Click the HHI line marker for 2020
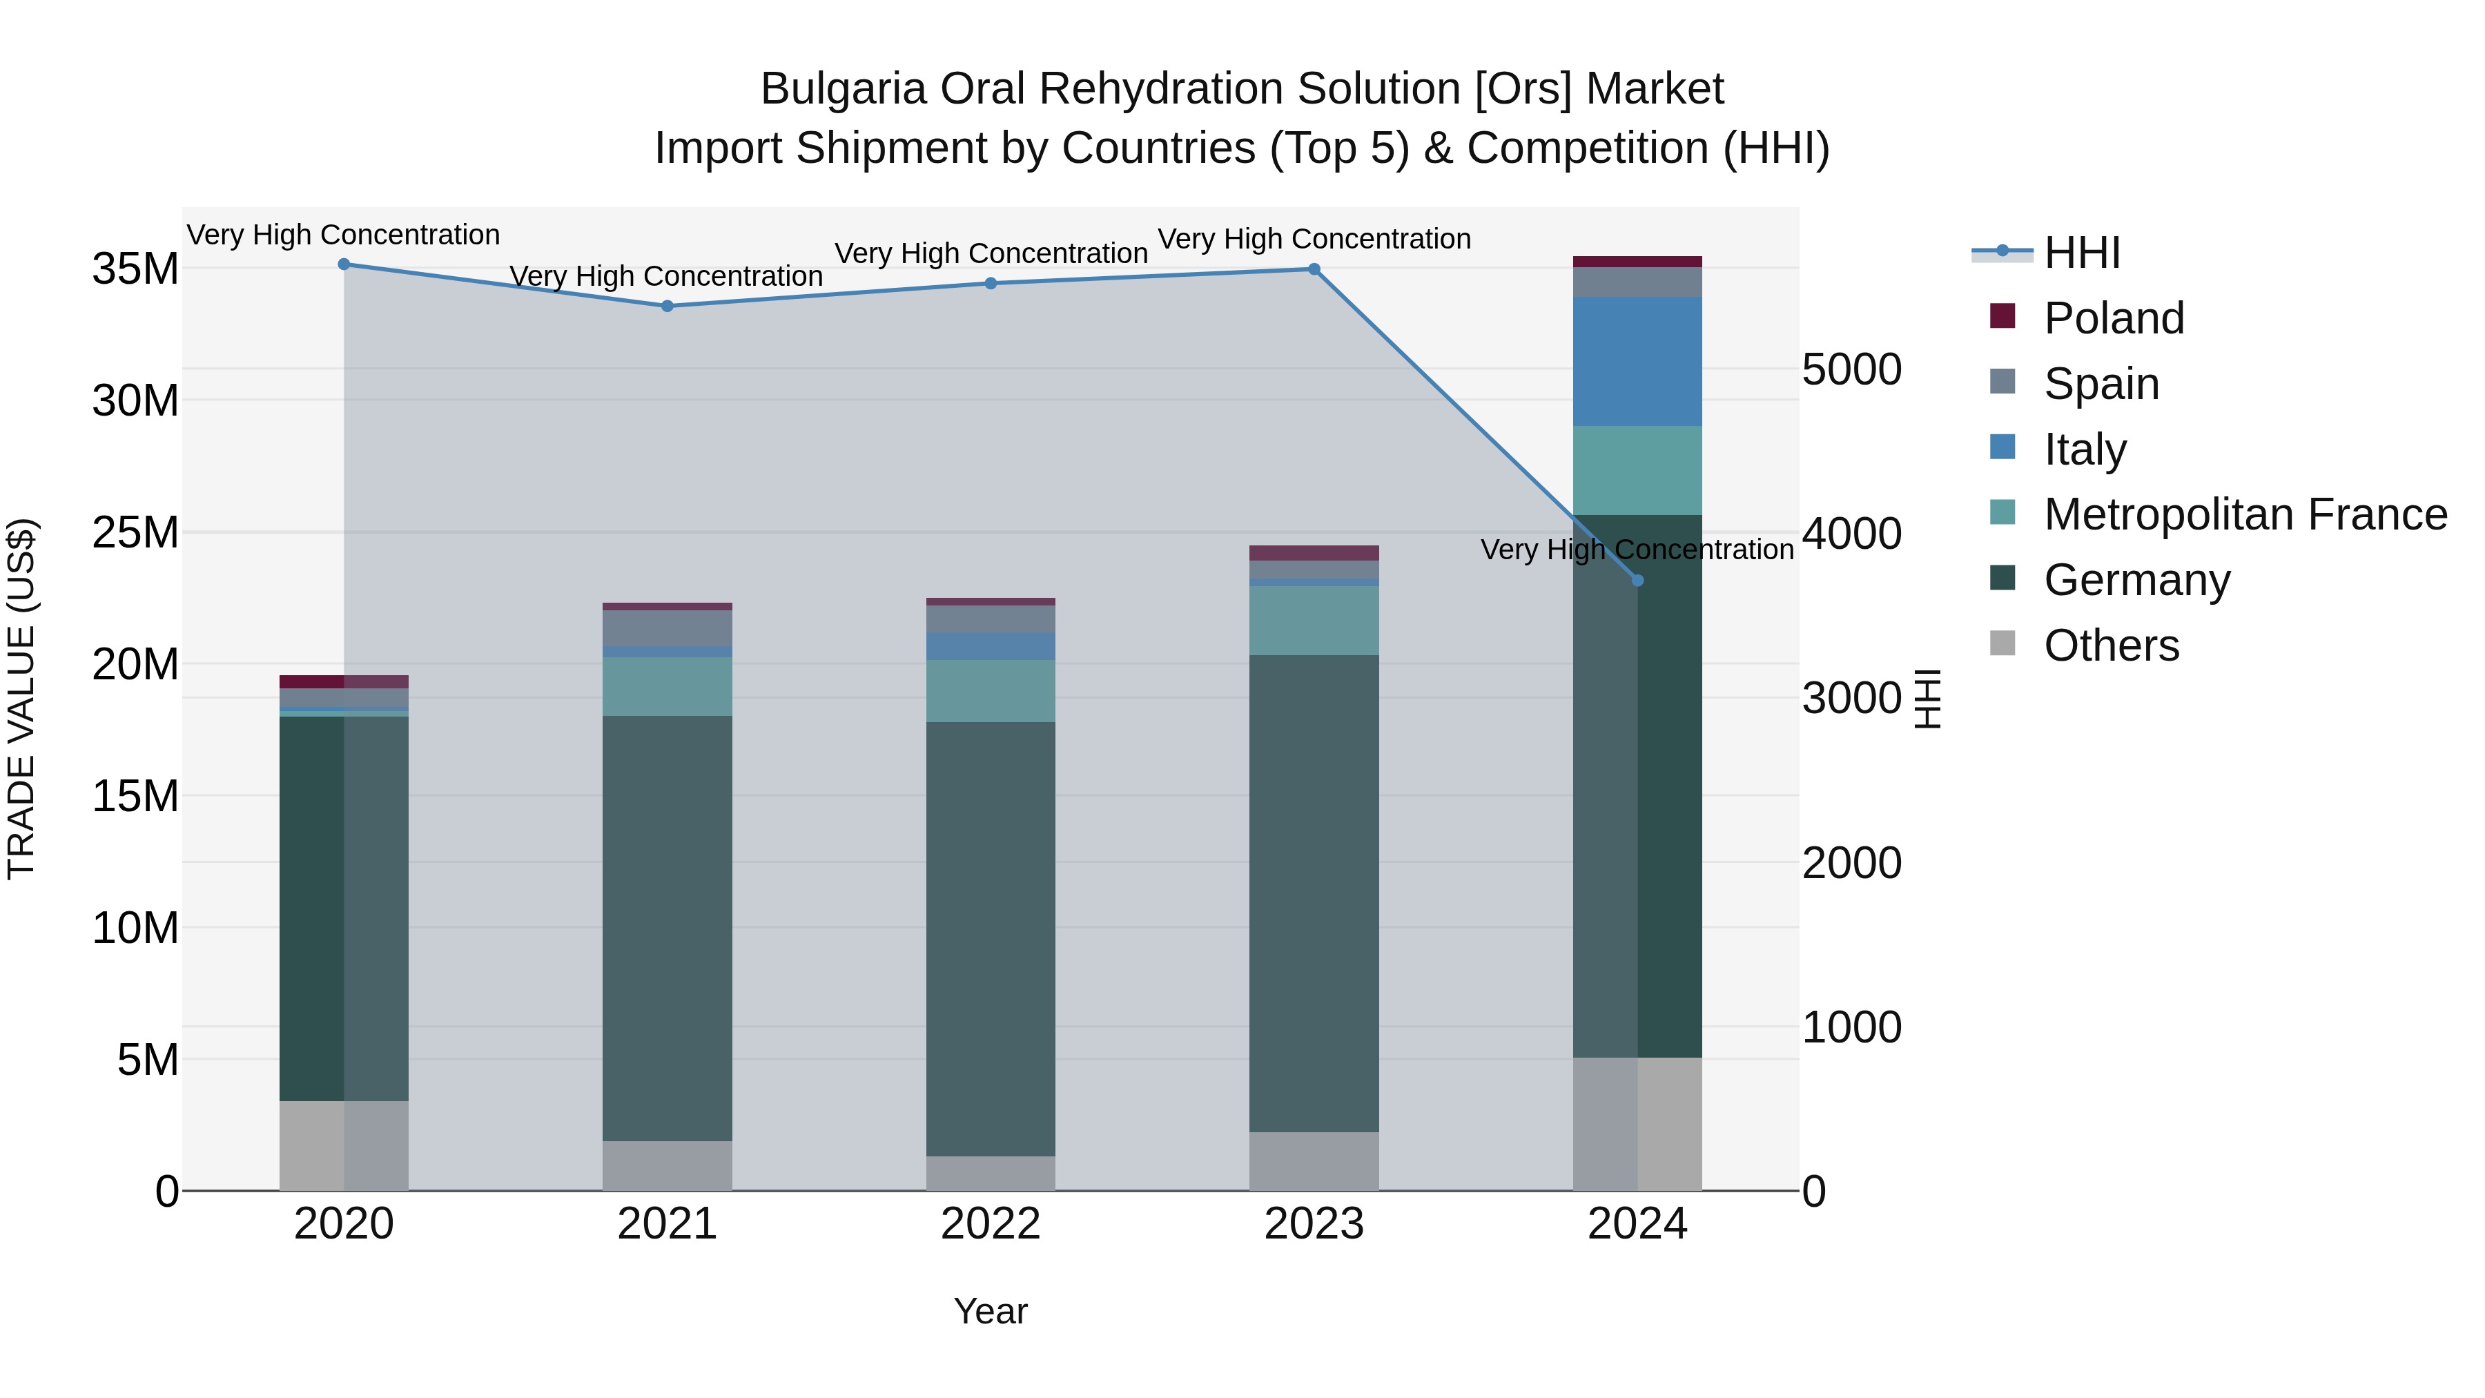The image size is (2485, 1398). [x=344, y=264]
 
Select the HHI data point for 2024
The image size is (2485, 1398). [x=1637, y=581]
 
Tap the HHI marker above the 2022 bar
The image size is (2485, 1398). [x=991, y=284]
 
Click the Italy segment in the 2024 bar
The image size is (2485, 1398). [x=1637, y=362]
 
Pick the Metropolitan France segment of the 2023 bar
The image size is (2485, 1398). [x=1314, y=621]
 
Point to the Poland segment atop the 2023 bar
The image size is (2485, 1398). [x=1314, y=553]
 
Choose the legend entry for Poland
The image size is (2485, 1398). [x=2113, y=318]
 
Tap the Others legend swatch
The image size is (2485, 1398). [x=2002, y=643]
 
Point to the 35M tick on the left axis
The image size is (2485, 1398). [x=135, y=269]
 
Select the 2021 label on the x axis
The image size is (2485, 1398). [x=667, y=1224]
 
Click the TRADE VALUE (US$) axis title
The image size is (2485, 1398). [x=22, y=699]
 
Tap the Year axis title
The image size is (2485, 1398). [x=991, y=1311]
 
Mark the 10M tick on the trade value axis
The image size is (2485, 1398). [x=135, y=928]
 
